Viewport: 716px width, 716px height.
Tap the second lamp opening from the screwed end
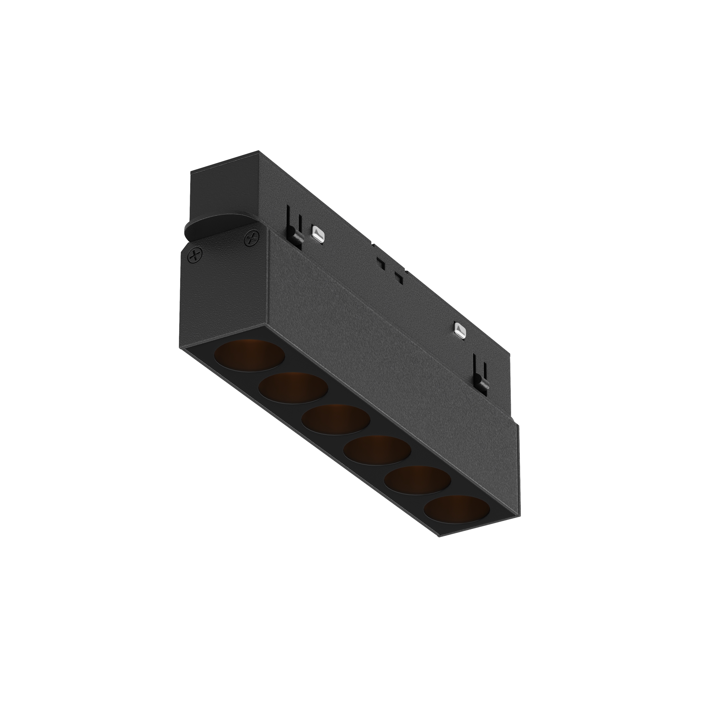(x=293, y=388)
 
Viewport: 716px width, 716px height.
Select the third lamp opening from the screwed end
(x=336, y=419)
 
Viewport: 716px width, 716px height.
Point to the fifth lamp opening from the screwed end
(x=417, y=479)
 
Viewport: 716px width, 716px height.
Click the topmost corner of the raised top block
(x=259, y=151)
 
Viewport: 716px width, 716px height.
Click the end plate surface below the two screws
(x=222, y=289)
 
